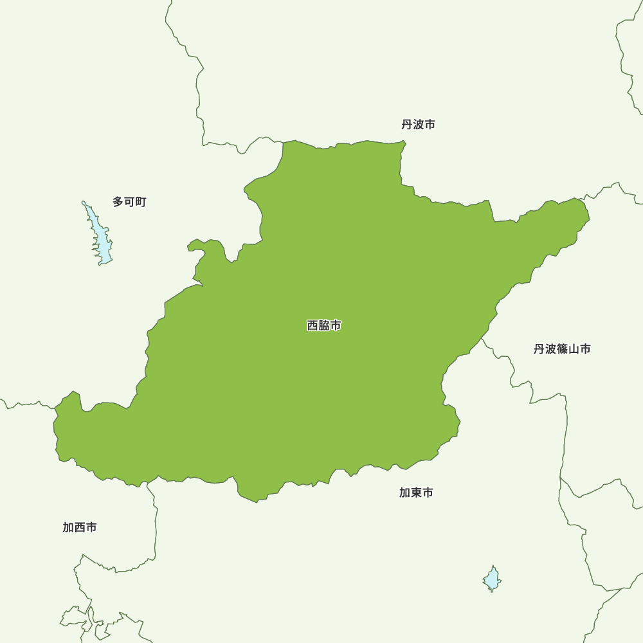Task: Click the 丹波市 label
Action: coord(418,125)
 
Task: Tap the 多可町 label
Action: coord(129,202)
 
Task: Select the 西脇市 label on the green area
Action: coord(324,326)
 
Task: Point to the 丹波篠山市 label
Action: coord(562,349)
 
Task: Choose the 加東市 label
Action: coord(416,493)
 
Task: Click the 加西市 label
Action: coord(80,527)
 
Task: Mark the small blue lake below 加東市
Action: coord(492,579)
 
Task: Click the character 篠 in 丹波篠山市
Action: coord(562,349)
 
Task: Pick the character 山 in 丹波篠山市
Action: coord(574,349)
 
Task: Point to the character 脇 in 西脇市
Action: coord(324,326)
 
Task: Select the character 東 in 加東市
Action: coord(416,493)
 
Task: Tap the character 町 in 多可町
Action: coord(141,202)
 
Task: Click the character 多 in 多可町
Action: coord(118,202)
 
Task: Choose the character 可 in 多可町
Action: coord(129,202)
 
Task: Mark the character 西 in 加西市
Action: coord(80,527)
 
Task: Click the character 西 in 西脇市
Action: coord(313,326)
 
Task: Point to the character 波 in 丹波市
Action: coord(418,125)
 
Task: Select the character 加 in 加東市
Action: coord(405,493)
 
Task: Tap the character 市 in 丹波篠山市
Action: coord(585,349)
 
